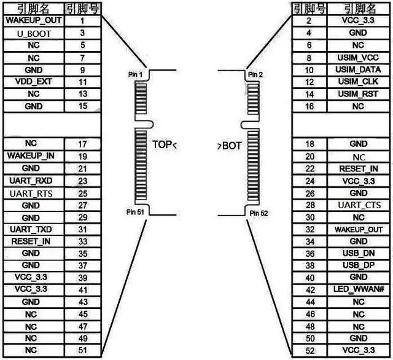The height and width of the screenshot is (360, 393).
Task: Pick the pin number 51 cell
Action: coord(82,351)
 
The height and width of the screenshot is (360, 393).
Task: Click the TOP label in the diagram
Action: coord(163,146)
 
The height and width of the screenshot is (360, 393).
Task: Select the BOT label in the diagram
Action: coord(230,146)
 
